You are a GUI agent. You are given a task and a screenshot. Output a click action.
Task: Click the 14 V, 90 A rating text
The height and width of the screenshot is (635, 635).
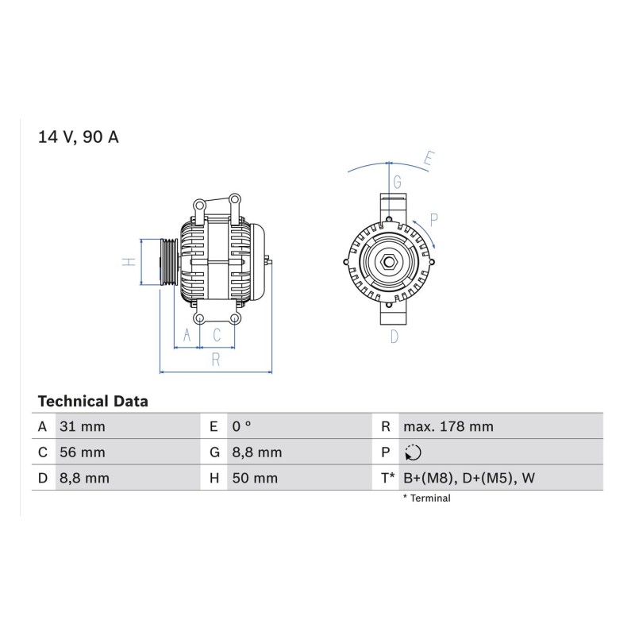[x=78, y=137]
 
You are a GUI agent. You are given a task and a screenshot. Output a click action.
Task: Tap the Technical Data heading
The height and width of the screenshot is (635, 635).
[x=93, y=402]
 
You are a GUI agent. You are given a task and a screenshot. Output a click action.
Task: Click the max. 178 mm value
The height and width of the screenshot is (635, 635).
[x=448, y=426]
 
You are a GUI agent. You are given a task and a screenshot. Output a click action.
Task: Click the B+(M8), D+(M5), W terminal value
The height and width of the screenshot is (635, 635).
[x=469, y=479]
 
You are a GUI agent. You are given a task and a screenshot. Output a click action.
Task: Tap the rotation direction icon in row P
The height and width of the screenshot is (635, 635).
[x=413, y=452]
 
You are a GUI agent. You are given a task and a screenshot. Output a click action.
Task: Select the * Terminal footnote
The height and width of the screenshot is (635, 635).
[x=426, y=498]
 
